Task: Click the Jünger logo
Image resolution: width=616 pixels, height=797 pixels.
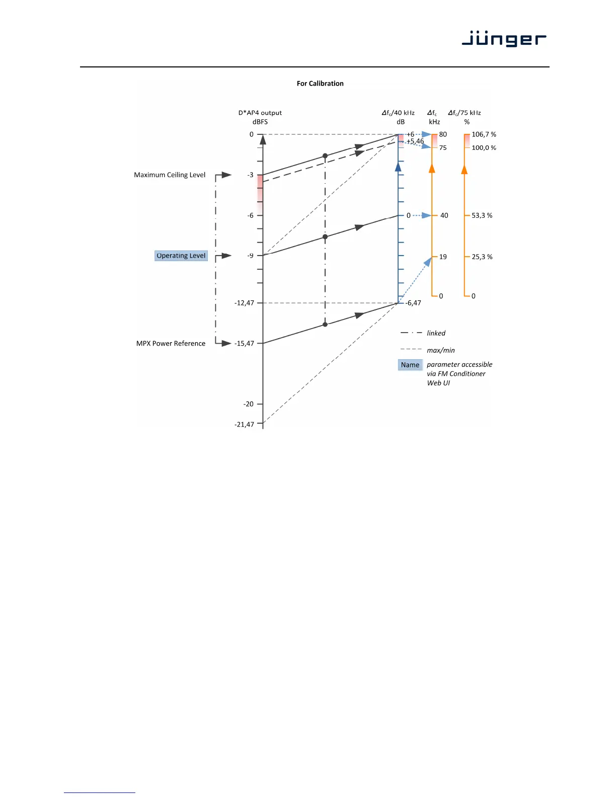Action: click(x=504, y=39)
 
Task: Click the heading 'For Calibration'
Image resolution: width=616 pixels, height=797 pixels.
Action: click(x=320, y=84)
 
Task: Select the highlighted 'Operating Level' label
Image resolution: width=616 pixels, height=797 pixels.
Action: click(x=181, y=256)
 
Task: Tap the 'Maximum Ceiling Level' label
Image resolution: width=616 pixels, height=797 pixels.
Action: click(x=170, y=175)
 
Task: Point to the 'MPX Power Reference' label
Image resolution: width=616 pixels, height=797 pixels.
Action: click(x=171, y=344)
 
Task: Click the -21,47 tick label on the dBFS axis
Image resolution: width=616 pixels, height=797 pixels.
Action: click(x=245, y=425)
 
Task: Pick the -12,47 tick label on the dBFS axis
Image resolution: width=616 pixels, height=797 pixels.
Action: click(x=245, y=303)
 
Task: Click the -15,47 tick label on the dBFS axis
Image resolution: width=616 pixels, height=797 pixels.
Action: click(x=245, y=344)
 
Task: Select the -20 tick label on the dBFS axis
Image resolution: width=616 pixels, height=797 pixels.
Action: click(x=249, y=404)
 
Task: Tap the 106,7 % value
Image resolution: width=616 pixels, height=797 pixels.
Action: click(x=484, y=134)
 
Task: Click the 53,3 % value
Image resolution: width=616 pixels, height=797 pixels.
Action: click(x=482, y=215)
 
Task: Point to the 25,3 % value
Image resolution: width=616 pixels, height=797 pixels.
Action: click(x=482, y=257)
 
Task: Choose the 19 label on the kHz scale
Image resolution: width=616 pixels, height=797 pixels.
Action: click(x=443, y=257)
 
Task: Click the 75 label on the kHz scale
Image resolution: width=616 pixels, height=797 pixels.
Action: click(x=443, y=148)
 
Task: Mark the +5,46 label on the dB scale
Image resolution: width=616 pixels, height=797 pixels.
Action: click(x=415, y=141)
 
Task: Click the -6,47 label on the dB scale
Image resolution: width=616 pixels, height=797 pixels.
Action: click(x=414, y=303)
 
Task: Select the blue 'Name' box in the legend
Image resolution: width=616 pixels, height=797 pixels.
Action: click(x=410, y=365)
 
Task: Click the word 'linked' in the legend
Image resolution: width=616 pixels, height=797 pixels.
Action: click(x=436, y=333)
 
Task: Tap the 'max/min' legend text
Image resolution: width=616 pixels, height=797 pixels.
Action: click(x=440, y=350)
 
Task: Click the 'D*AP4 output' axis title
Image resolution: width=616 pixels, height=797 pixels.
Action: click(x=260, y=113)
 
